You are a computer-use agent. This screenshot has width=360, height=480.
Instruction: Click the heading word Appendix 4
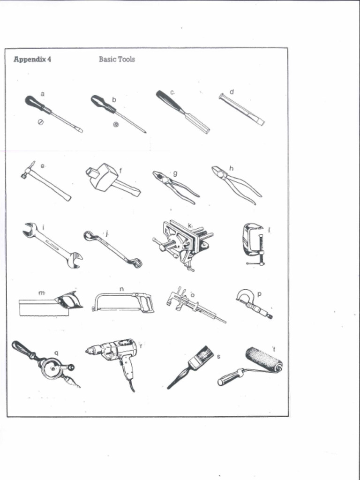click(32, 60)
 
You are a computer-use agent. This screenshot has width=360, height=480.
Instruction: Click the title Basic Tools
click(117, 60)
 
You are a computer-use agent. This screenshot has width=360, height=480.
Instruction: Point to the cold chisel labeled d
click(241, 109)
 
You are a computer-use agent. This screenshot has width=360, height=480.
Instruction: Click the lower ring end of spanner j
click(136, 263)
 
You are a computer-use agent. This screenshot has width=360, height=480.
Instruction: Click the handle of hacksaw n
click(146, 303)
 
